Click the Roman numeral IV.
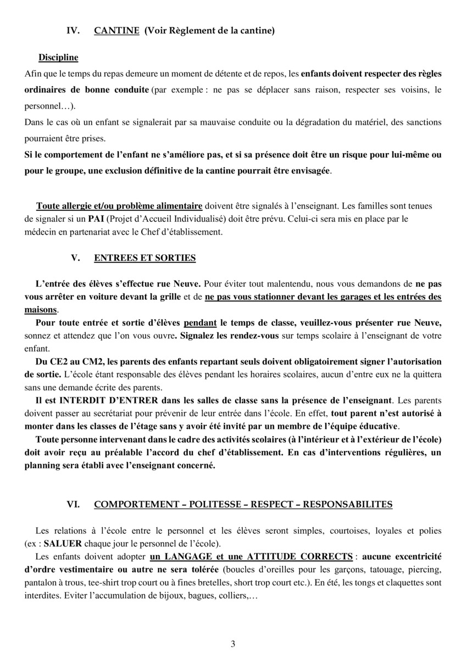point(73,31)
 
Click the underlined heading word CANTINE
point(116,31)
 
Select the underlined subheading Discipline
point(58,58)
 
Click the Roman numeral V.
point(76,258)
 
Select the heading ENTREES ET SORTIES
point(145,258)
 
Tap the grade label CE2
point(65,361)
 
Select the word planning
point(43,465)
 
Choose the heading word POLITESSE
point(214,504)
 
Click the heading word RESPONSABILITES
point(348,504)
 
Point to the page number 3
point(233,644)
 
